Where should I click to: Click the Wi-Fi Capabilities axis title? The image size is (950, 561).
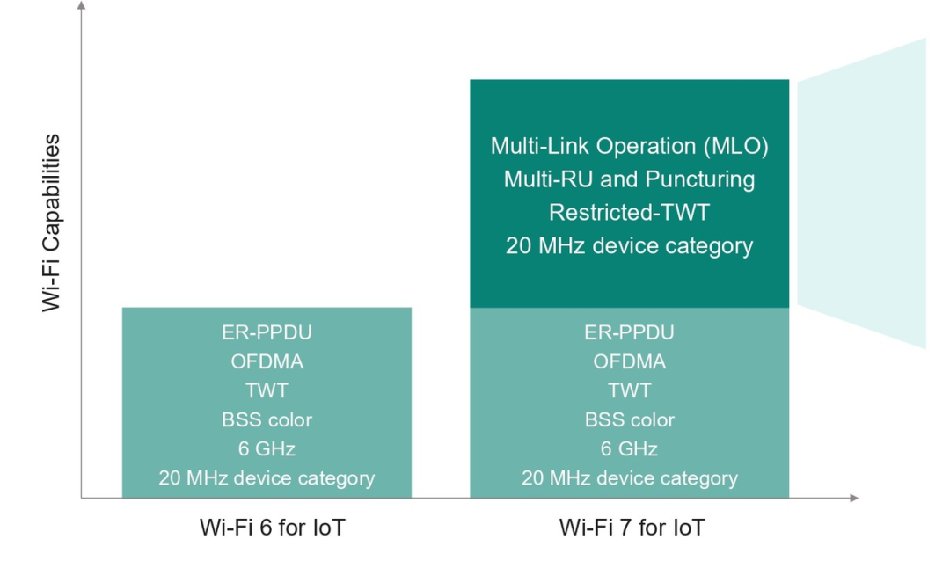click(51, 223)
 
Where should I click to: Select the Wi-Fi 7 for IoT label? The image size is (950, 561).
click(632, 528)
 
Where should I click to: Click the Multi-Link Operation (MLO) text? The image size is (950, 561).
click(630, 146)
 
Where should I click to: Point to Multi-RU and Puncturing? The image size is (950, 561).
click(630, 179)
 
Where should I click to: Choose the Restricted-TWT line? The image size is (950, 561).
click(630, 213)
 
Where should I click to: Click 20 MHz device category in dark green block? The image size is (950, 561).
click(630, 246)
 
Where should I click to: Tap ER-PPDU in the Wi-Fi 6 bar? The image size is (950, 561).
click(267, 332)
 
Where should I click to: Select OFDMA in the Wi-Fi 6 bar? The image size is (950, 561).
click(267, 361)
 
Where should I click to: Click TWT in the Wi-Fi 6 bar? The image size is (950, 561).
click(267, 390)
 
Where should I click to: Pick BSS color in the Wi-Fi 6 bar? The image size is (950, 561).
click(267, 419)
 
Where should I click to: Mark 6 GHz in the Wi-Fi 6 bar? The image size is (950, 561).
click(267, 448)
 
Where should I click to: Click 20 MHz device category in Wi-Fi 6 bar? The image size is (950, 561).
click(267, 478)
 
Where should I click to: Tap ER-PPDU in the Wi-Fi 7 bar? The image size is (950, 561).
click(630, 332)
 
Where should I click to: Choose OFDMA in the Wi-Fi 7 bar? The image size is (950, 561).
click(630, 361)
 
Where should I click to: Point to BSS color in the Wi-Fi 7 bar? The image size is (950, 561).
click(630, 419)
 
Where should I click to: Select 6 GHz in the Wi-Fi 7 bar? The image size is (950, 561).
click(630, 448)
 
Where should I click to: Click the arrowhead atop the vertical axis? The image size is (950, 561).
click(82, 5)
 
